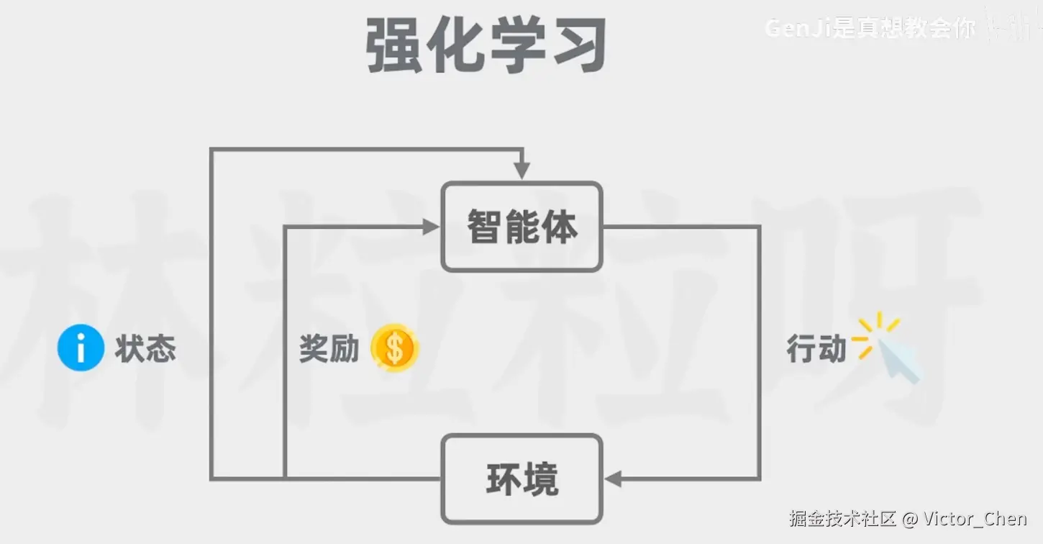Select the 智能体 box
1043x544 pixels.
click(x=521, y=227)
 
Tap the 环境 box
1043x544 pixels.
click(x=521, y=479)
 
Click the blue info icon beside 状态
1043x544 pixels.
click(x=81, y=349)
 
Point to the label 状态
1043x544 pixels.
click(x=145, y=350)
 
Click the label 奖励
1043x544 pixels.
click(x=329, y=350)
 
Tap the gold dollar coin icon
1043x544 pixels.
click(x=394, y=349)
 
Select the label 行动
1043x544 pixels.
click(x=816, y=350)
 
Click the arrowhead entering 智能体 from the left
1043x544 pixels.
click(x=431, y=227)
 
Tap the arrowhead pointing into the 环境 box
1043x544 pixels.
click(x=613, y=479)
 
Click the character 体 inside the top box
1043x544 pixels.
click(x=561, y=227)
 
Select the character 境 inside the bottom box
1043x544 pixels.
click(x=541, y=479)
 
